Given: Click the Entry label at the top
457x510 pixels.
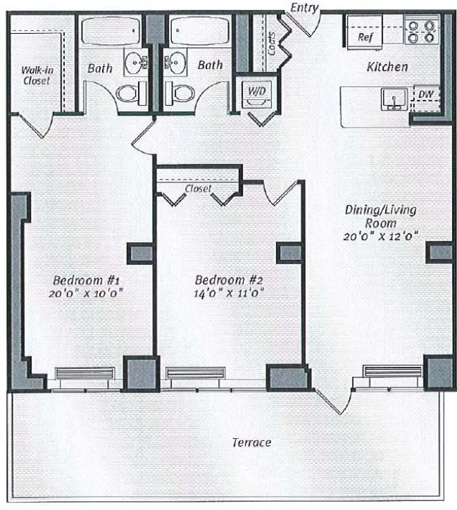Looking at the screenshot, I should point(304,8).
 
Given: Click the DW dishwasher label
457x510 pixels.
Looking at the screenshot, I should point(425,94).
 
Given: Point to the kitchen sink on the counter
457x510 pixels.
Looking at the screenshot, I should point(392,99).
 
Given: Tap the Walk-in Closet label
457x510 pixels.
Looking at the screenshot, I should point(35,75).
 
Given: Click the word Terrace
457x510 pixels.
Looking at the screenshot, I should point(251,442).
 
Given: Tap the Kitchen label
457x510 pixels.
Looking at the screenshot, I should point(387,67).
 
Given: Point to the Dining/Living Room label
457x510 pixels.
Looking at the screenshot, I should point(381,216).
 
